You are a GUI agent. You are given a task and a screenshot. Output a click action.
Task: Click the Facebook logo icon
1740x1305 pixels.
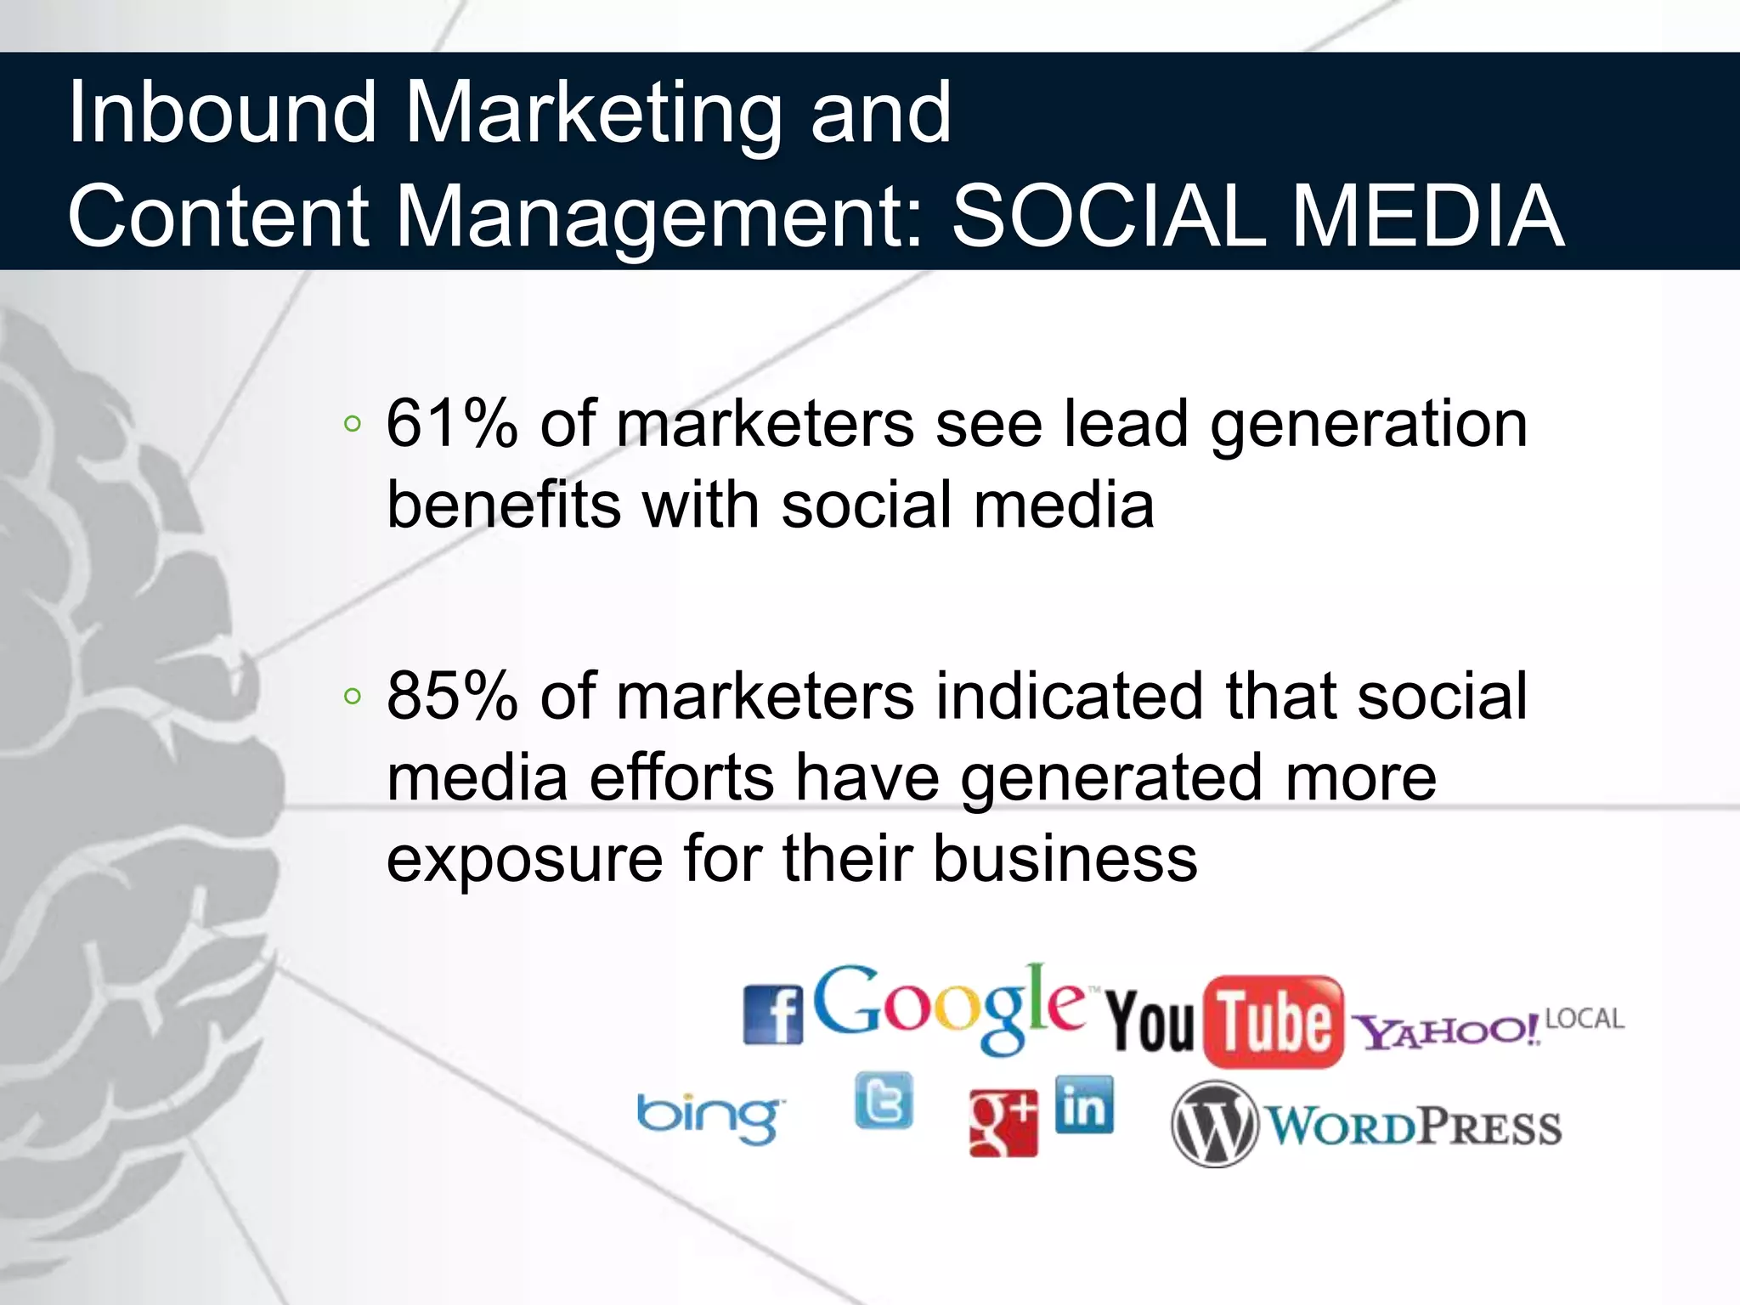(772, 1014)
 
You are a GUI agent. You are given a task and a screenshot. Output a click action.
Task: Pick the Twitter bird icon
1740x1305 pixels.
(884, 1101)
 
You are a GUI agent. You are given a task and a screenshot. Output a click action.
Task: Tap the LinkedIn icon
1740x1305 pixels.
(1084, 1105)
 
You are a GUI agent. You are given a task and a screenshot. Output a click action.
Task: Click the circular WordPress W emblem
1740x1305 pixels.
(1213, 1124)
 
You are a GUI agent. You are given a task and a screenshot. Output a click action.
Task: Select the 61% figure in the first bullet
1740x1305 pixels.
(451, 423)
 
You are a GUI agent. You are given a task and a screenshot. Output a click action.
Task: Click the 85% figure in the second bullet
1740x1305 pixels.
(451, 696)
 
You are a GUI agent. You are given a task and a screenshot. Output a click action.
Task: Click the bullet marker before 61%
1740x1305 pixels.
(353, 424)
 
